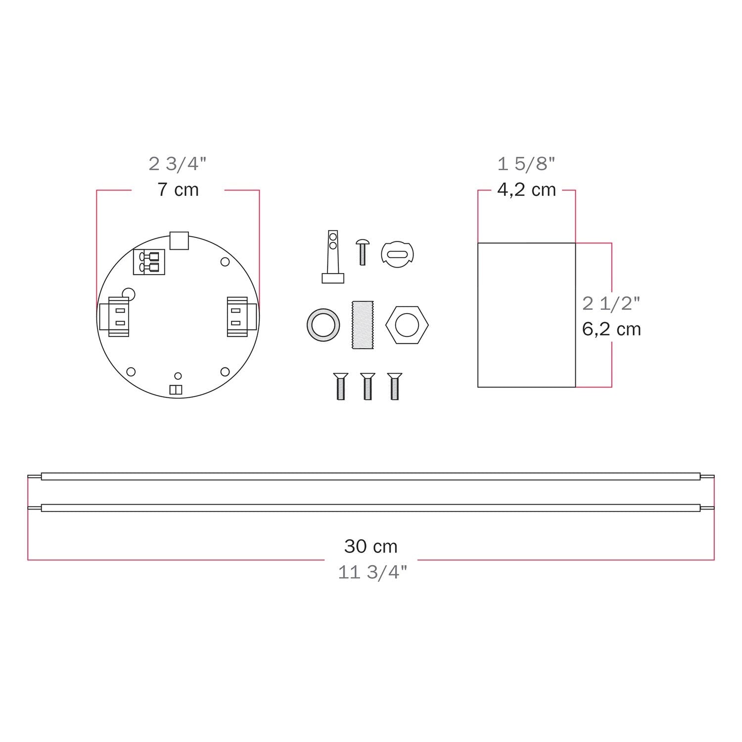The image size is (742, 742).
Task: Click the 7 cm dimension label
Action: point(178,190)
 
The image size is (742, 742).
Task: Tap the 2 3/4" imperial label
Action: point(178,164)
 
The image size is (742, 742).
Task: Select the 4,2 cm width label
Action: point(526,190)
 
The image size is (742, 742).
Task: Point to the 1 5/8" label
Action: point(526,164)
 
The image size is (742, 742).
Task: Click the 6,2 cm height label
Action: point(611,329)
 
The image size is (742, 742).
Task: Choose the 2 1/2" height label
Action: point(611,303)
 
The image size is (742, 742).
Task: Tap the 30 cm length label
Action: point(371,547)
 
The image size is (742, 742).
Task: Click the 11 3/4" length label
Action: point(372,572)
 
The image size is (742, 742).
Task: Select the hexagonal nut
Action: point(407,325)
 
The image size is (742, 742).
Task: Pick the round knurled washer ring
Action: point(323,325)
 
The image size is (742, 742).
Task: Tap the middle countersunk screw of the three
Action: point(368,386)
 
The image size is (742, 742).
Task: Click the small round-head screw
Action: point(362,251)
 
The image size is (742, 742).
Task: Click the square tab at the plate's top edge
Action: point(179,240)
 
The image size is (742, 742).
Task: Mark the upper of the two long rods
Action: point(371,477)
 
